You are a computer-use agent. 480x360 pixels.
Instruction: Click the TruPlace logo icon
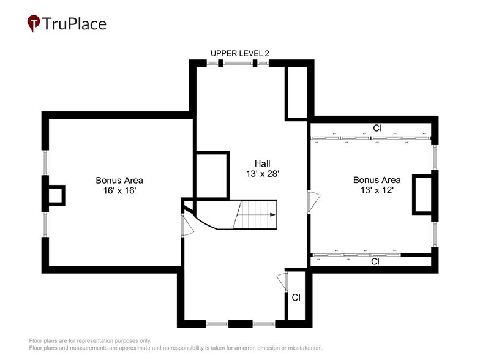34,24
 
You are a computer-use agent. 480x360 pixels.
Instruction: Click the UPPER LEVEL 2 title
239,53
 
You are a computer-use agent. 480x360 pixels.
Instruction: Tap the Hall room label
263,163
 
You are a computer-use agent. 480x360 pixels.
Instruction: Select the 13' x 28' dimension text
263,174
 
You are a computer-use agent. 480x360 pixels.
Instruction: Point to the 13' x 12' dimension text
377,190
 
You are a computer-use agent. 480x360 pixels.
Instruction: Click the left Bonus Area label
119,180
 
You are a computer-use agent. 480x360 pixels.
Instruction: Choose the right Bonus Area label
377,180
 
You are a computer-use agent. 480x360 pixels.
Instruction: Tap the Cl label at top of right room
378,129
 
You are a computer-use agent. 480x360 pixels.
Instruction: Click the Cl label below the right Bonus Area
375,261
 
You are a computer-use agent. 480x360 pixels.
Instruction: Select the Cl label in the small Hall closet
296,298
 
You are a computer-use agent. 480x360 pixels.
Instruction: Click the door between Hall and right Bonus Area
313,201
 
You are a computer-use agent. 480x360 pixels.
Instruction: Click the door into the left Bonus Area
187,224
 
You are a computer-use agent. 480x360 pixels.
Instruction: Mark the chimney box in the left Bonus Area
56,195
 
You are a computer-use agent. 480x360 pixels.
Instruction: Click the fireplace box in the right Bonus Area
422,194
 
